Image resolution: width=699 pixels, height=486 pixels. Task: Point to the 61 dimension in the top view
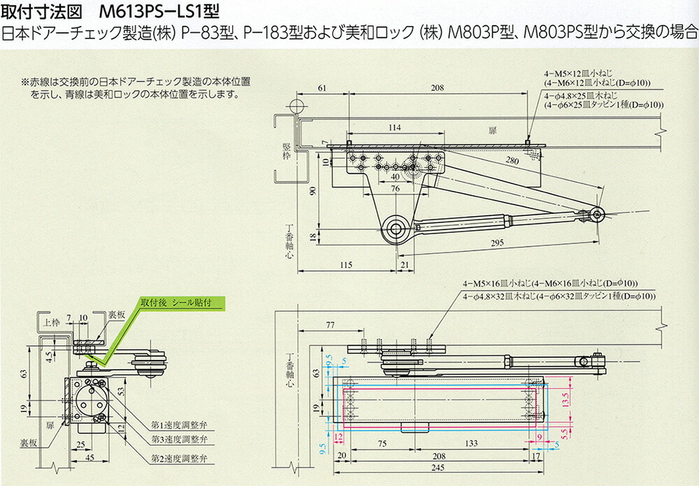(322, 89)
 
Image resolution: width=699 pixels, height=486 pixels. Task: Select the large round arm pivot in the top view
(396, 228)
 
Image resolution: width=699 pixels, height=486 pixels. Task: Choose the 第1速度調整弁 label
(179, 425)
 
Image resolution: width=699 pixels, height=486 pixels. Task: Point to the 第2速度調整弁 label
(179, 458)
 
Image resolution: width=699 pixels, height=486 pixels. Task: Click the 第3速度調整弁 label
(179, 438)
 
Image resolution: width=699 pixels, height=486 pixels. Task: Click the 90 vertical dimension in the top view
(315, 191)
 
